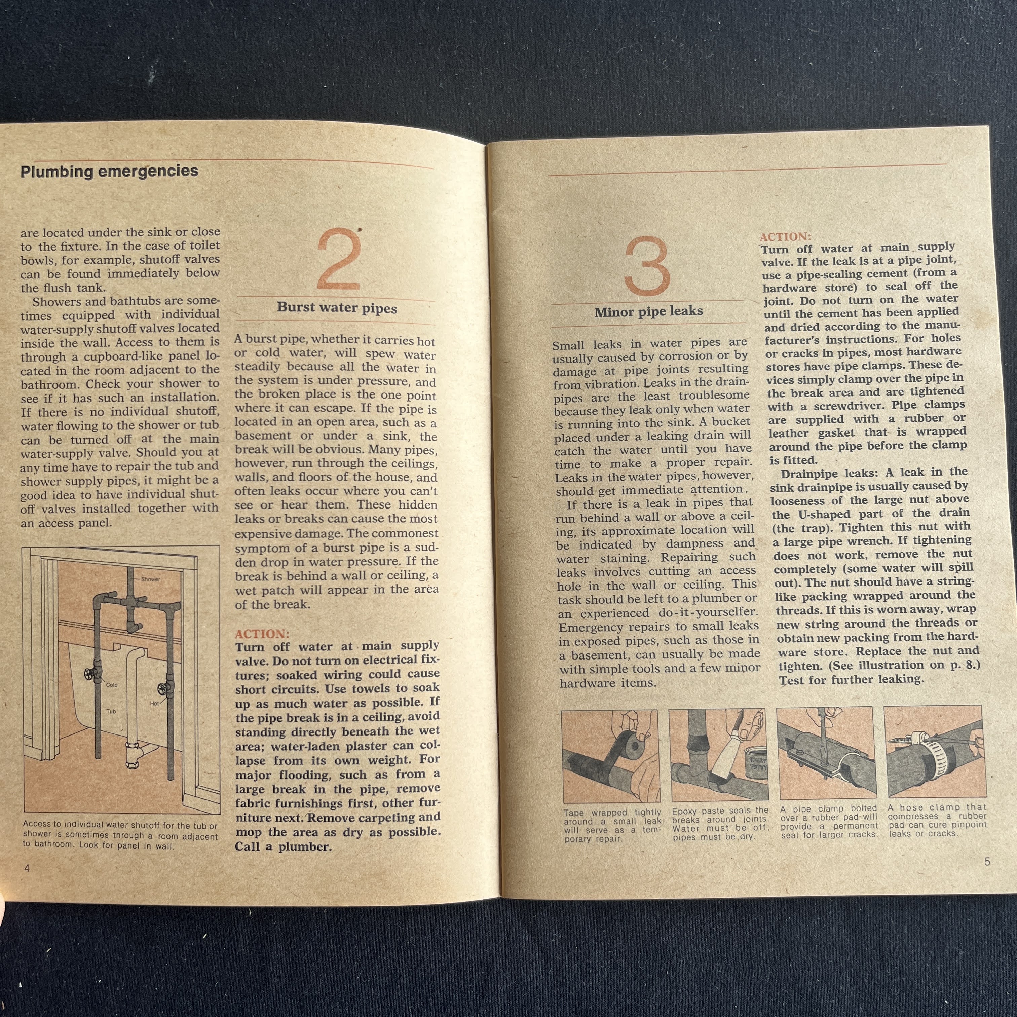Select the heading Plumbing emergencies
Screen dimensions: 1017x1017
coord(109,171)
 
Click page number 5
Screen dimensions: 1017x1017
coord(987,861)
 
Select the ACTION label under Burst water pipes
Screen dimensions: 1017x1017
coord(262,633)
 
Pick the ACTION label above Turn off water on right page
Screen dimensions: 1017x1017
coord(785,236)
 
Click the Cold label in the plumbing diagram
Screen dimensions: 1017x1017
coord(112,685)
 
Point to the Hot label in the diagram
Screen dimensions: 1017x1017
coord(154,703)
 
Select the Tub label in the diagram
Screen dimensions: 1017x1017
coord(111,712)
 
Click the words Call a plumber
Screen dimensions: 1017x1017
coord(283,847)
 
